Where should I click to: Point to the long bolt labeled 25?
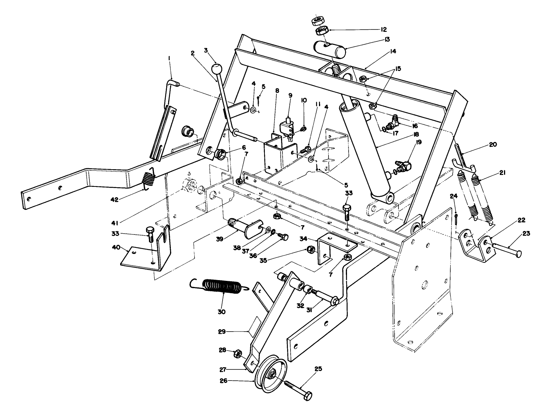click(297, 388)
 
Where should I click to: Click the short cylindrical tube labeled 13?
click(329, 49)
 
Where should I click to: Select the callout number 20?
click(492, 145)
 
